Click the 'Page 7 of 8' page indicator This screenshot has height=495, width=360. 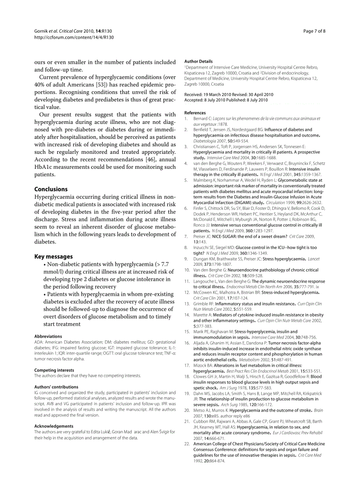(x=315, y=31)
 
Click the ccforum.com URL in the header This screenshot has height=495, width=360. (x=74, y=37)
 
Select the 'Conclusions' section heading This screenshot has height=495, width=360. (x=51, y=189)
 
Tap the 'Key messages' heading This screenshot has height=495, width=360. (x=53, y=257)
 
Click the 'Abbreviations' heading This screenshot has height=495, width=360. (x=48, y=336)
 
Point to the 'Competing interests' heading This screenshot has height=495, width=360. (x=54, y=370)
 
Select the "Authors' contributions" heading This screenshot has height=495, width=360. (x=56, y=387)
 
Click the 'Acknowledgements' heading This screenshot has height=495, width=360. (x=54, y=426)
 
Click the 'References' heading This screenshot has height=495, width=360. (x=195, y=113)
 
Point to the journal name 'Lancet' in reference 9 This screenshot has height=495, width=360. (x=313, y=259)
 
